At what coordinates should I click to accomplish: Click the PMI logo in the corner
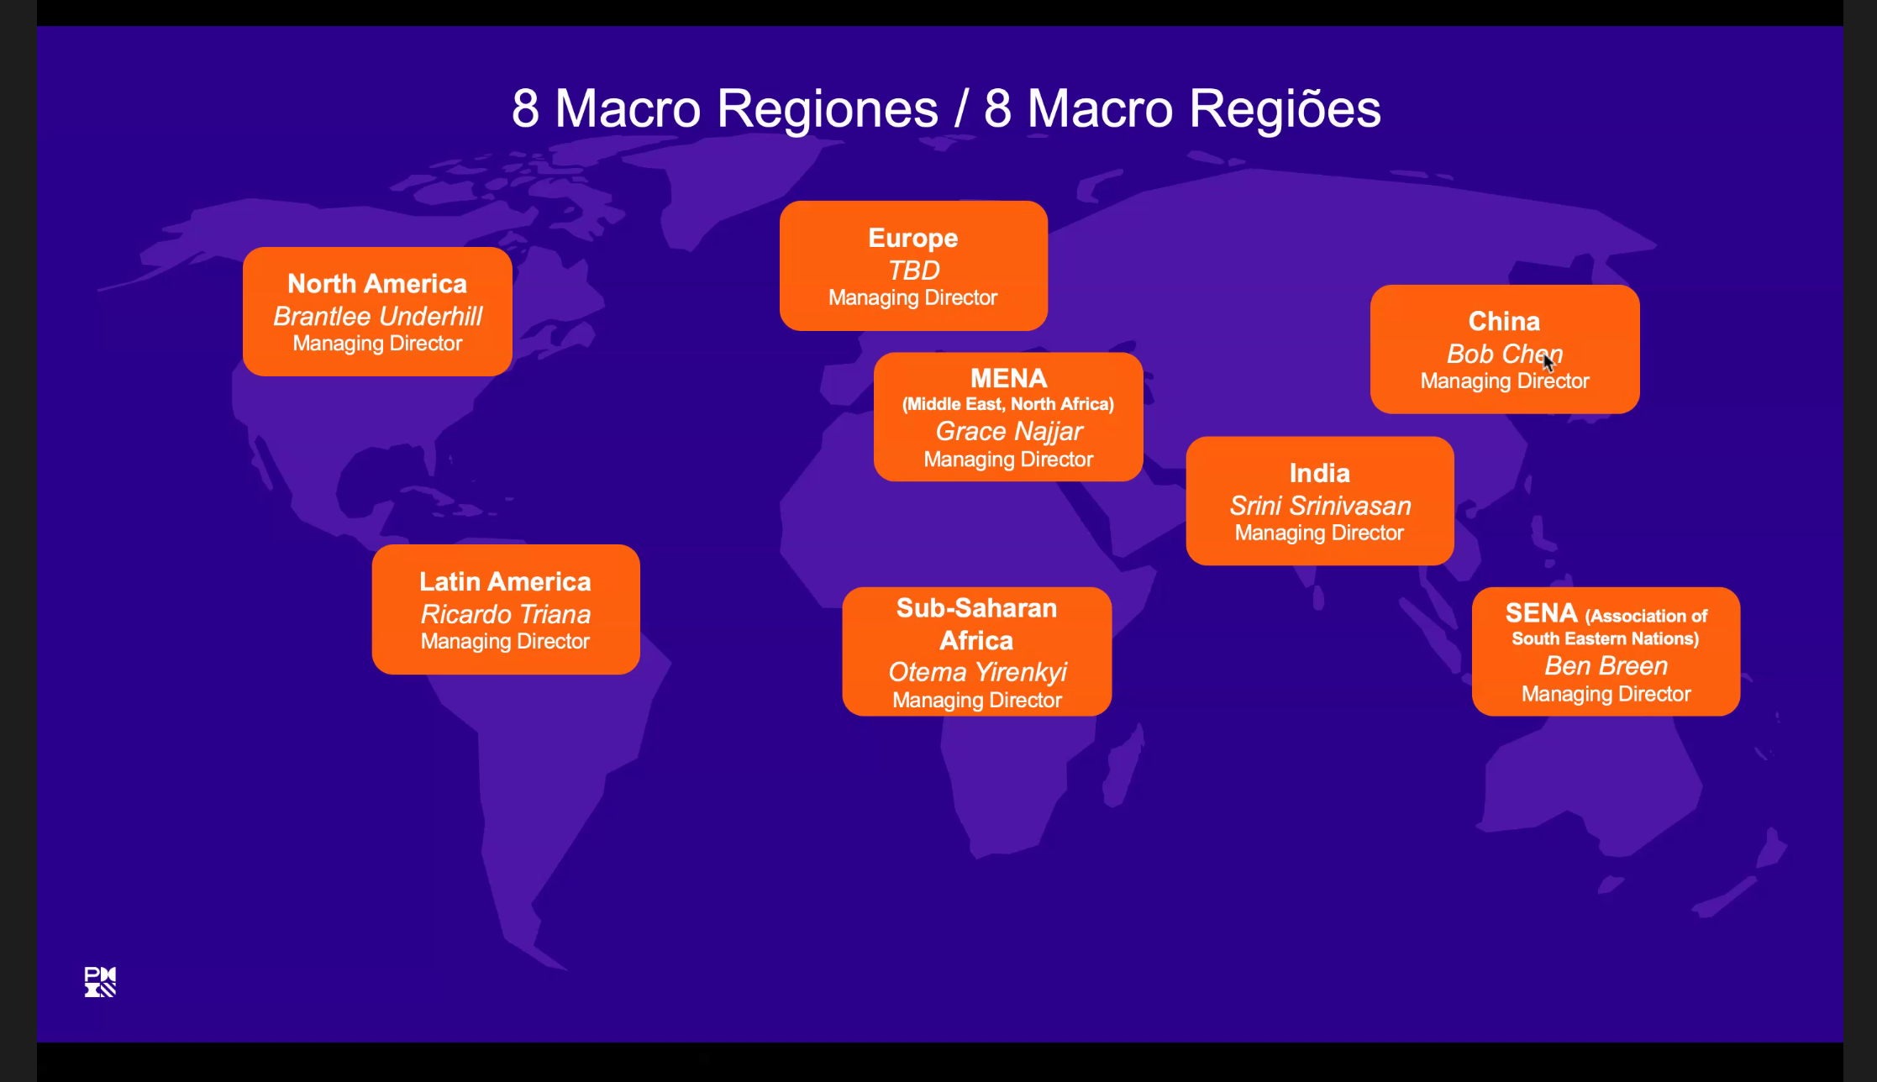click(x=100, y=981)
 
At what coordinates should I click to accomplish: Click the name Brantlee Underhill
click(x=377, y=316)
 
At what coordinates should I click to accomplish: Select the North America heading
click(x=377, y=284)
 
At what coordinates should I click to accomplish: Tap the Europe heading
click(x=913, y=238)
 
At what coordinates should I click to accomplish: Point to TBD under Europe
click(x=913, y=270)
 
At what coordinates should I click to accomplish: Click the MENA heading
click(x=1008, y=378)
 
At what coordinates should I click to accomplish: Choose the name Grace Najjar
click(x=1009, y=431)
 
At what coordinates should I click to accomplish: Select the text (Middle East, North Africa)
click(x=1008, y=404)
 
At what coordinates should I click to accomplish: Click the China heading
click(x=1504, y=321)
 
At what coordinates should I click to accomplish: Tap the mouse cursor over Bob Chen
click(x=1548, y=362)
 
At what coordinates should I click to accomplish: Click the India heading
click(x=1320, y=473)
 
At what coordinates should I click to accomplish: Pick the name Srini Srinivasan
click(x=1320, y=506)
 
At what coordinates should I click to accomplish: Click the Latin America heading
click(x=505, y=581)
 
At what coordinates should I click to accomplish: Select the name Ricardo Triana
click(x=505, y=614)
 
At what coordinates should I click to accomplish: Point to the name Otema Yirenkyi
click(x=977, y=672)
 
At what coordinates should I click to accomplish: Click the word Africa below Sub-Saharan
click(x=976, y=640)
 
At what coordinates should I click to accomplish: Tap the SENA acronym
click(x=1541, y=613)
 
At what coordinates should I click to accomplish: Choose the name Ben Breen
click(x=1606, y=666)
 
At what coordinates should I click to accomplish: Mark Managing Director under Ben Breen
click(x=1606, y=694)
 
